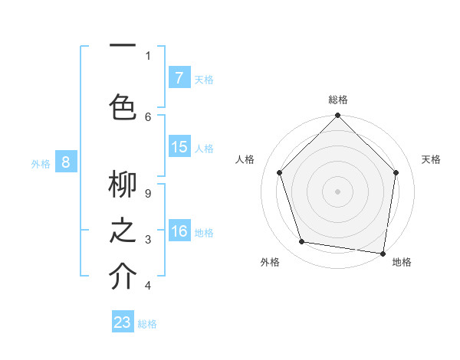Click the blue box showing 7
[179, 78]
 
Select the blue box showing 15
[179, 147]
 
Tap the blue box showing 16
[179, 231]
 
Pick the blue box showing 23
[123, 322]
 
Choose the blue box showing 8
[66, 162]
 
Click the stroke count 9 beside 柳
[148, 194]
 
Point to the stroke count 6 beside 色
[148, 116]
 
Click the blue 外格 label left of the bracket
[41, 162]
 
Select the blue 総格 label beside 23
[147, 324]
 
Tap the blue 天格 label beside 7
[203, 80]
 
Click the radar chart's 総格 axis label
[337, 100]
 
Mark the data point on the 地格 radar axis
[383, 253]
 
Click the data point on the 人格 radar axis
[279, 172]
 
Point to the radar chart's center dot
[337, 191]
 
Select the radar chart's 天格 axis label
[431, 159]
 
